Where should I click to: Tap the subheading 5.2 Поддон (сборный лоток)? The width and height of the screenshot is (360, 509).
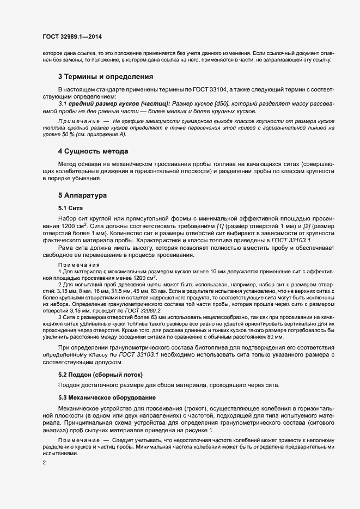coord(100,375)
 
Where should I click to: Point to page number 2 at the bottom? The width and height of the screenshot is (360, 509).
coord(44,463)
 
